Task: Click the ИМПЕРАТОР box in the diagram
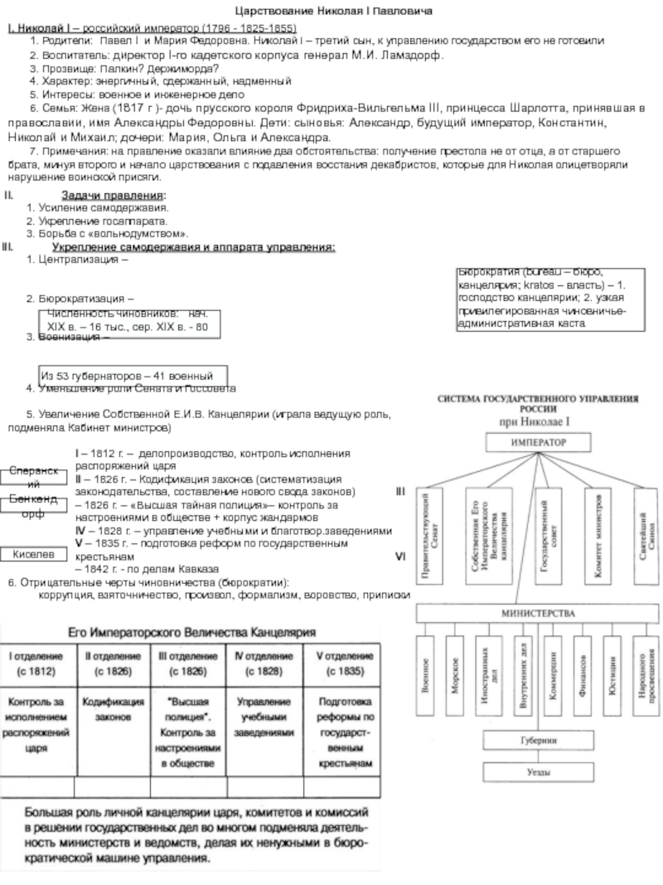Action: coord(536,444)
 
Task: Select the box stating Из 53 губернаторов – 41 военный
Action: coord(133,375)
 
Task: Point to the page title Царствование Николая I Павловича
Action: coord(331,11)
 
